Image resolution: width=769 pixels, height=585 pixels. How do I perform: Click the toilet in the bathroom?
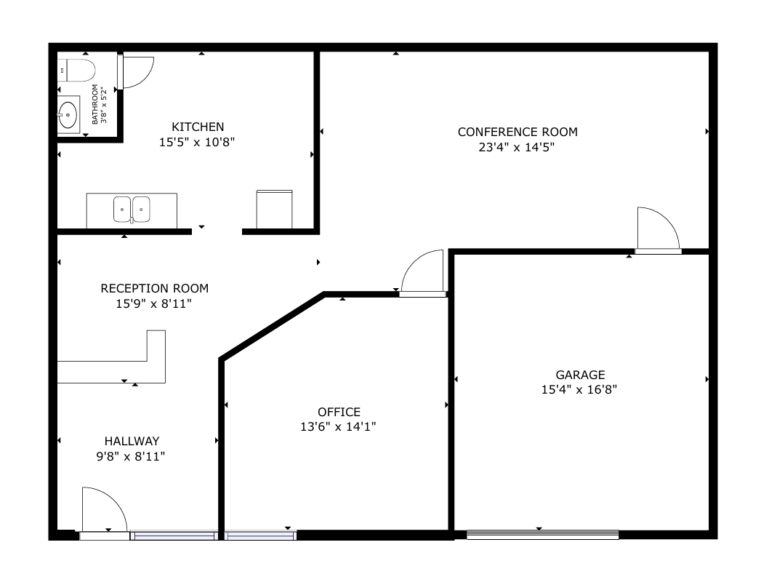(x=76, y=71)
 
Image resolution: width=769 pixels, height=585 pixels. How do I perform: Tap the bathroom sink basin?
(x=68, y=114)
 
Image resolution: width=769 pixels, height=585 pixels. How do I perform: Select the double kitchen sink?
(x=132, y=210)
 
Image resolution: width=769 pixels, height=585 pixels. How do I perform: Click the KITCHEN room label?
(x=198, y=127)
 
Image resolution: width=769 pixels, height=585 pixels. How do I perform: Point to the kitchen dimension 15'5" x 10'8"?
(x=197, y=143)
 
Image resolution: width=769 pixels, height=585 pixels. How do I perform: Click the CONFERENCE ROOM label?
(x=518, y=132)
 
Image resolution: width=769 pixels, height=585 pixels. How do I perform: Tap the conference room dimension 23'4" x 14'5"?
(x=517, y=147)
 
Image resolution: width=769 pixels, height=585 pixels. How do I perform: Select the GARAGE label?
(x=580, y=375)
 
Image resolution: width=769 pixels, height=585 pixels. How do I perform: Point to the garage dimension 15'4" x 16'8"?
(x=579, y=390)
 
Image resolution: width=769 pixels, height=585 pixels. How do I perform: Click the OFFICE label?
(x=339, y=412)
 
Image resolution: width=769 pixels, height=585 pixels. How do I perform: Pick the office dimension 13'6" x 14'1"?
(x=338, y=426)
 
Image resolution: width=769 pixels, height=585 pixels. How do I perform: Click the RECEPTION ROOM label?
(x=155, y=288)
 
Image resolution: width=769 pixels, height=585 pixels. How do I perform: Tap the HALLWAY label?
(x=132, y=441)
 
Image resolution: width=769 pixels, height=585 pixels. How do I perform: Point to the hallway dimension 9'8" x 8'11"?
(x=130, y=456)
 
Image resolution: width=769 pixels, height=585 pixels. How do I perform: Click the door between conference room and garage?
(x=658, y=230)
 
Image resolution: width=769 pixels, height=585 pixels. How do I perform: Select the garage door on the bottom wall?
(x=542, y=535)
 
